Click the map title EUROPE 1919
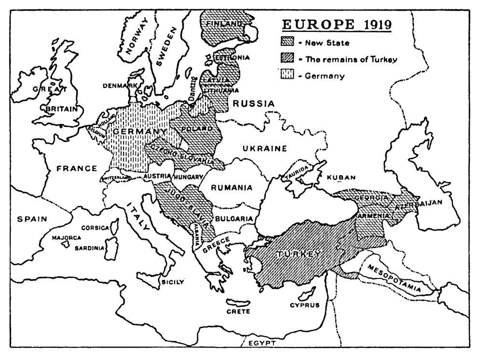point(337,25)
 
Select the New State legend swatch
point(288,43)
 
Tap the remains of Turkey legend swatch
point(288,59)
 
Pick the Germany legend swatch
point(288,75)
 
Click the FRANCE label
point(77,168)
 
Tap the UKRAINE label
point(264,148)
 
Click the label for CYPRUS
point(304,305)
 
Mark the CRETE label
point(238,311)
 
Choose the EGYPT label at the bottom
point(262,343)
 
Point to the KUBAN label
point(341,178)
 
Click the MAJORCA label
point(67,238)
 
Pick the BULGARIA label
point(234,219)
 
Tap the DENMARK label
point(119,86)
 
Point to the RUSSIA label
point(253,103)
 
